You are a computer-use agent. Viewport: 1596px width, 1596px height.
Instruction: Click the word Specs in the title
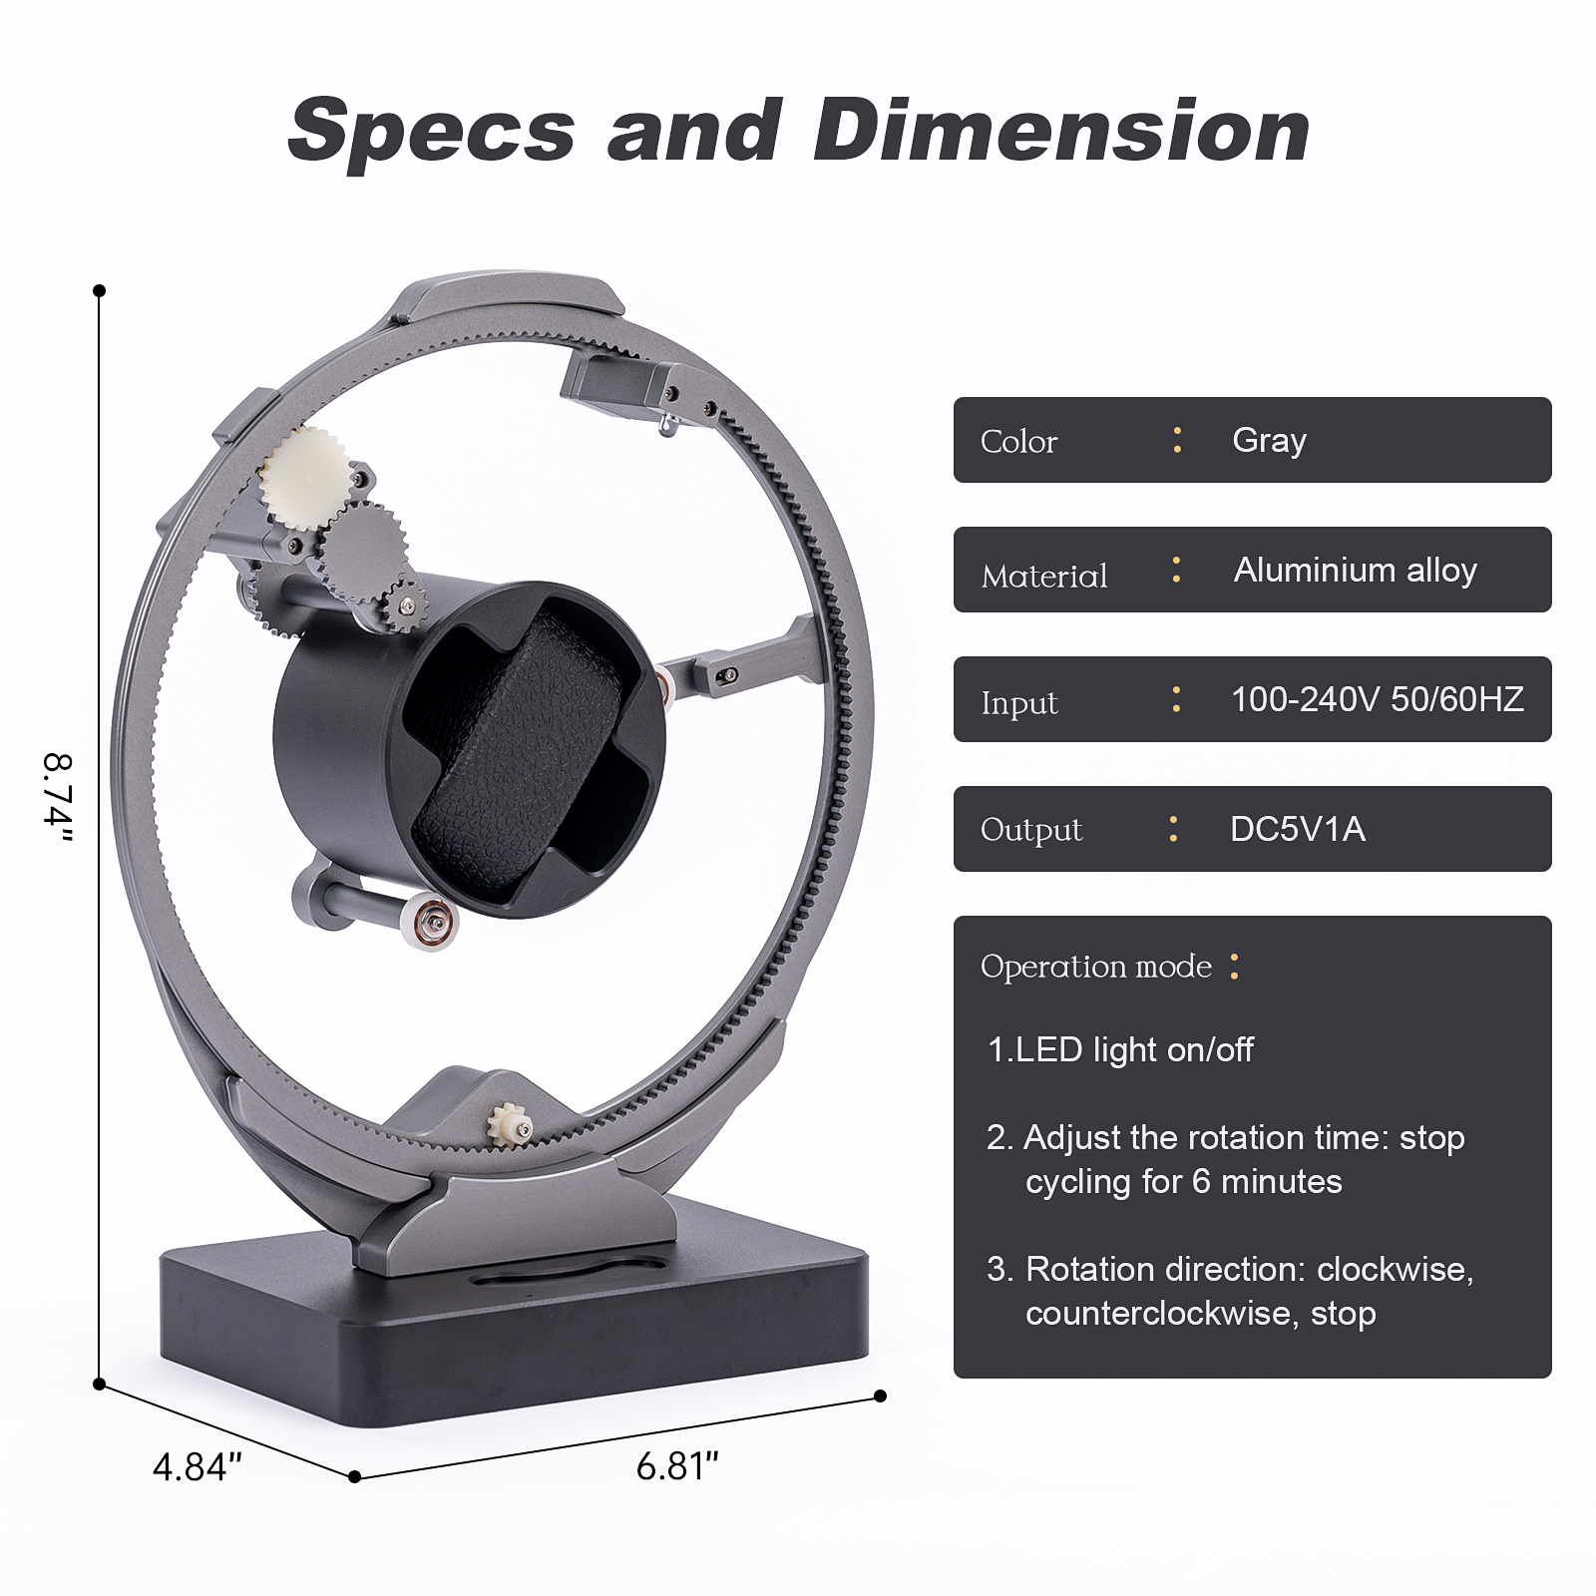(432, 131)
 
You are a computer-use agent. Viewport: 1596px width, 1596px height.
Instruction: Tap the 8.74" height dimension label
(58, 799)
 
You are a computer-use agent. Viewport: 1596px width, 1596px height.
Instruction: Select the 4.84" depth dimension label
(197, 1467)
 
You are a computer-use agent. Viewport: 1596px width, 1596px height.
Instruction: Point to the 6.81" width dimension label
(677, 1466)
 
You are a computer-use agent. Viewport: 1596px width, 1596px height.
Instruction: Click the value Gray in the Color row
(1269, 440)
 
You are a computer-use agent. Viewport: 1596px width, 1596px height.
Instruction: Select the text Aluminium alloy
(1356, 570)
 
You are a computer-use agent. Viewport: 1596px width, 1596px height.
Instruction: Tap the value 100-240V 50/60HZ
(1378, 699)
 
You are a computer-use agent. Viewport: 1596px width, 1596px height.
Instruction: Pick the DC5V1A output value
(1298, 829)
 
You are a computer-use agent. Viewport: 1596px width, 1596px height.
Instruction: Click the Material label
(1044, 576)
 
